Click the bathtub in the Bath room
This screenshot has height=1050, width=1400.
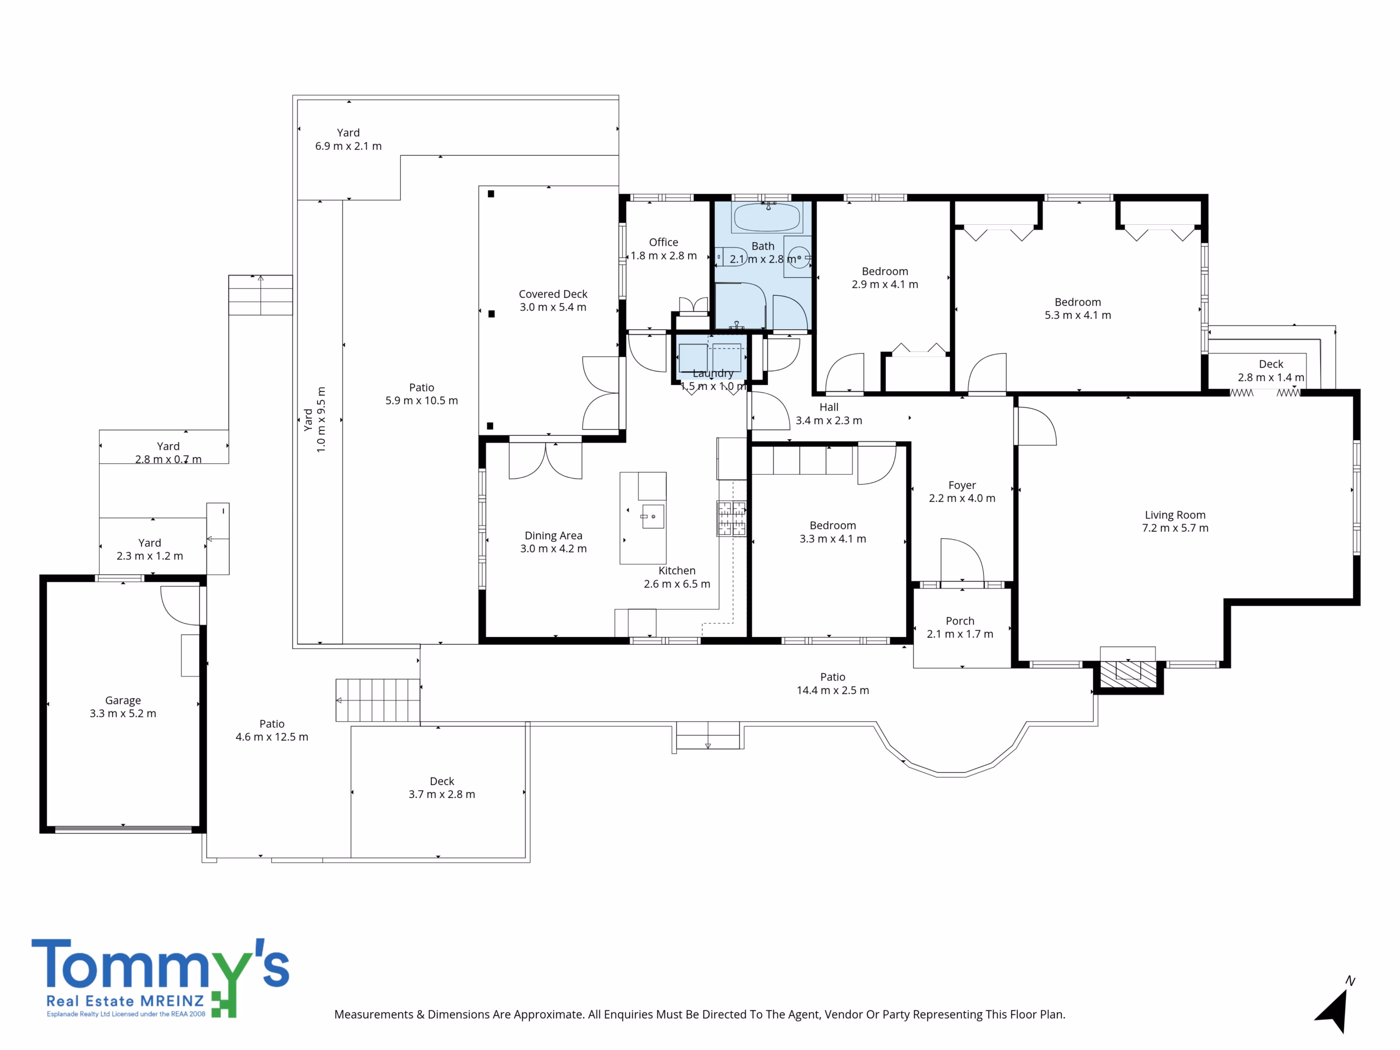[x=768, y=217]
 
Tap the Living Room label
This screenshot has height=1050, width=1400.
[x=1175, y=515]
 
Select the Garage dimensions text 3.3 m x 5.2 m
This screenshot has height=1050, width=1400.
[x=123, y=713]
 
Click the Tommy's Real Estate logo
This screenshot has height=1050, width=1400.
[x=160, y=978]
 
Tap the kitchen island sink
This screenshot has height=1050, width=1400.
[x=652, y=516]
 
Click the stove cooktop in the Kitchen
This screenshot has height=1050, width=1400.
[x=732, y=518]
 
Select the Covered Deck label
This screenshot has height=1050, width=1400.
[x=553, y=294]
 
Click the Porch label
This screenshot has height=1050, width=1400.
[x=960, y=621]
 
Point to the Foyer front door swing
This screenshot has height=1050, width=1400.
[x=962, y=559]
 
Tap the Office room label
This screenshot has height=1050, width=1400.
[x=663, y=242]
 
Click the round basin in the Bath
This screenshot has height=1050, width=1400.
[x=799, y=258]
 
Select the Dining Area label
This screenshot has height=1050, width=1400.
[x=553, y=535]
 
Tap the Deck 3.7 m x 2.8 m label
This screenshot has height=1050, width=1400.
[x=442, y=788]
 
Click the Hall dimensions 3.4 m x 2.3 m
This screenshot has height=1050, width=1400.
[x=829, y=420]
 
